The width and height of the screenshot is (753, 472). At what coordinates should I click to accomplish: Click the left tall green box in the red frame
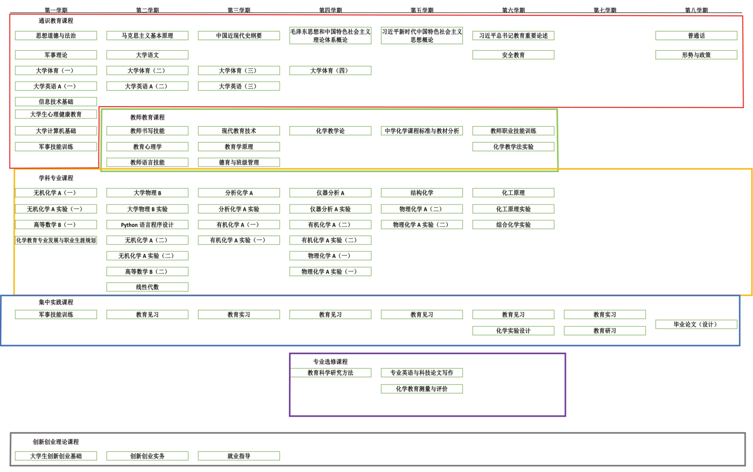point(330,35)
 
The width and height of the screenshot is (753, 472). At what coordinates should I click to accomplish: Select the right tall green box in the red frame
point(422,35)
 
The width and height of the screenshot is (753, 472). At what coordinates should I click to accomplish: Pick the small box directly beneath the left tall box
point(330,70)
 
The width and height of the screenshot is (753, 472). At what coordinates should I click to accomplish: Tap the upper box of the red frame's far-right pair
point(696,35)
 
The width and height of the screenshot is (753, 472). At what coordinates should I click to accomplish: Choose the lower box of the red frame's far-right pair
point(696,55)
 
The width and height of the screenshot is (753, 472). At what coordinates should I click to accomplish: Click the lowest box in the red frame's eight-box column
point(56,146)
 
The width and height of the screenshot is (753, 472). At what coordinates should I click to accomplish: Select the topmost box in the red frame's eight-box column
point(56,35)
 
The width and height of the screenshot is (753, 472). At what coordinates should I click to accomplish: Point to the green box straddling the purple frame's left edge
point(330,373)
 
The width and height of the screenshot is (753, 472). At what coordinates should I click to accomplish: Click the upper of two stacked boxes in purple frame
point(422,373)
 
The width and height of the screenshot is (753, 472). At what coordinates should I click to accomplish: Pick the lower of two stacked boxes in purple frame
point(422,389)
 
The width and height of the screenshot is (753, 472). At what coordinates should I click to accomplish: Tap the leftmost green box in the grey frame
point(56,456)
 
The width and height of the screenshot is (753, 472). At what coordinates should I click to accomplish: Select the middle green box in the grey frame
point(147,456)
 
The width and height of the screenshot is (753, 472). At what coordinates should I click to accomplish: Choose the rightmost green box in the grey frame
point(239,456)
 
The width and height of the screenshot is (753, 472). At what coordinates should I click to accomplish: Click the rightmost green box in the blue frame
point(696,324)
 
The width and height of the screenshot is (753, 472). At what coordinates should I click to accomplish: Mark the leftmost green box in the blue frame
point(56,315)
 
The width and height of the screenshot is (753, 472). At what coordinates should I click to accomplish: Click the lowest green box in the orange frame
point(147,287)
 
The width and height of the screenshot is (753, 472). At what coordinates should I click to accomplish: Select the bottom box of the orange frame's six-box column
point(330,272)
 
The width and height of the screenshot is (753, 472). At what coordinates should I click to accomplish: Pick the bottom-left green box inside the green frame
point(147,162)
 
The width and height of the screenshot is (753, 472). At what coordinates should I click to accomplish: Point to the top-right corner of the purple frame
point(565,354)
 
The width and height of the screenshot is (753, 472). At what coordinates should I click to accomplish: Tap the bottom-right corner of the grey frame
point(745,465)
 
